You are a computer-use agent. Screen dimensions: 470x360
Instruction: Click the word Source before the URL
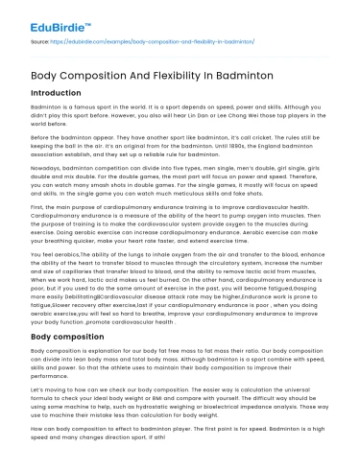(41, 42)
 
